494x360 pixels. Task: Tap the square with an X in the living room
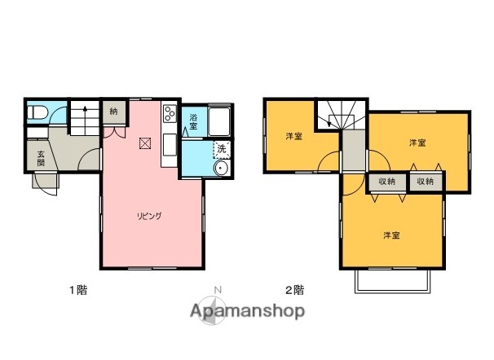pyautogui.click(x=145, y=143)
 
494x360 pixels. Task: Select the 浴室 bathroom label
pyautogui.click(x=193, y=122)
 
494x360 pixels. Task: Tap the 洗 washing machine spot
pyautogui.click(x=220, y=150)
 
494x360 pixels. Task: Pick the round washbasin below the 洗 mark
pyautogui.click(x=219, y=168)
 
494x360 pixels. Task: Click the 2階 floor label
pyautogui.click(x=294, y=289)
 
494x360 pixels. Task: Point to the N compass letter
pyautogui.click(x=217, y=289)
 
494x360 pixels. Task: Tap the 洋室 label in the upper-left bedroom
pyautogui.click(x=293, y=136)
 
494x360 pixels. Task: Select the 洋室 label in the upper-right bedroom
pyautogui.click(x=417, y=143)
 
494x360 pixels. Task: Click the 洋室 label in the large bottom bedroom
pyautogui.click(x=392, y=235)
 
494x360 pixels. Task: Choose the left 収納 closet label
pyautogui.click(x=387, y=182)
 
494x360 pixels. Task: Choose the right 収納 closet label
pyautogui.click(x=426, y=182)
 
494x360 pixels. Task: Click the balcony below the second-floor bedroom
pyautogui.click(x=392, y=281)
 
